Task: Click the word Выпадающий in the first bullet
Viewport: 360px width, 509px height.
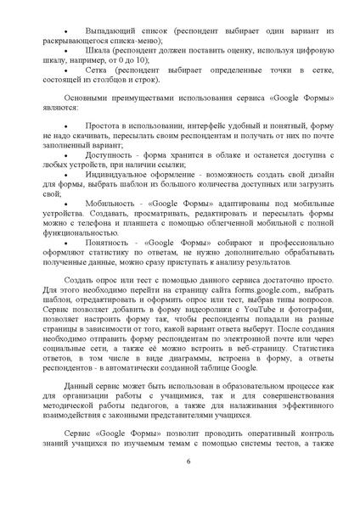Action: tap(106, 30)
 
